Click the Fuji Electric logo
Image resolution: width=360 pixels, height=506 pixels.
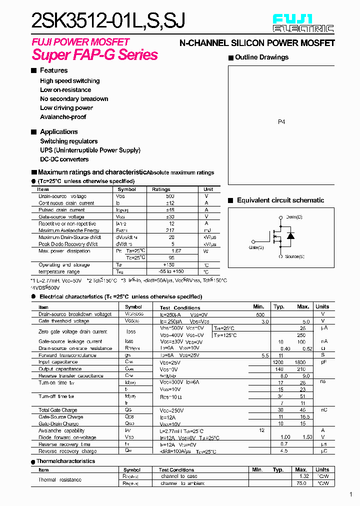[303, 23]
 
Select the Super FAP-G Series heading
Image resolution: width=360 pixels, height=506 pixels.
[95, 54]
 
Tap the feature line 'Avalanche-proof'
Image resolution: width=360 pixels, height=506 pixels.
[63, 117]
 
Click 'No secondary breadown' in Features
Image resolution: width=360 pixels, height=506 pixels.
[74, 99]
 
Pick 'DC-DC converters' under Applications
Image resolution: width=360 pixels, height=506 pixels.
[64, 159]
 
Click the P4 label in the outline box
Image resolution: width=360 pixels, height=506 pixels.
[281, 121]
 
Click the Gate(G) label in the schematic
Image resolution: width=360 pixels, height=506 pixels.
[256, 247]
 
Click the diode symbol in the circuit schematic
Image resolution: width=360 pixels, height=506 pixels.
[290, 235]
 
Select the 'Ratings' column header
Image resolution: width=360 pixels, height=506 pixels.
[161, 189]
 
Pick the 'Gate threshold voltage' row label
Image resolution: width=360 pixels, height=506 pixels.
[64, 321]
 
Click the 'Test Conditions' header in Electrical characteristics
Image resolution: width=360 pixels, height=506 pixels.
[180, 307]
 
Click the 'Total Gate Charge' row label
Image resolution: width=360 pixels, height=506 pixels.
[58, 410]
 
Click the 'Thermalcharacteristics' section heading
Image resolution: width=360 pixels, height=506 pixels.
[66, 461]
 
